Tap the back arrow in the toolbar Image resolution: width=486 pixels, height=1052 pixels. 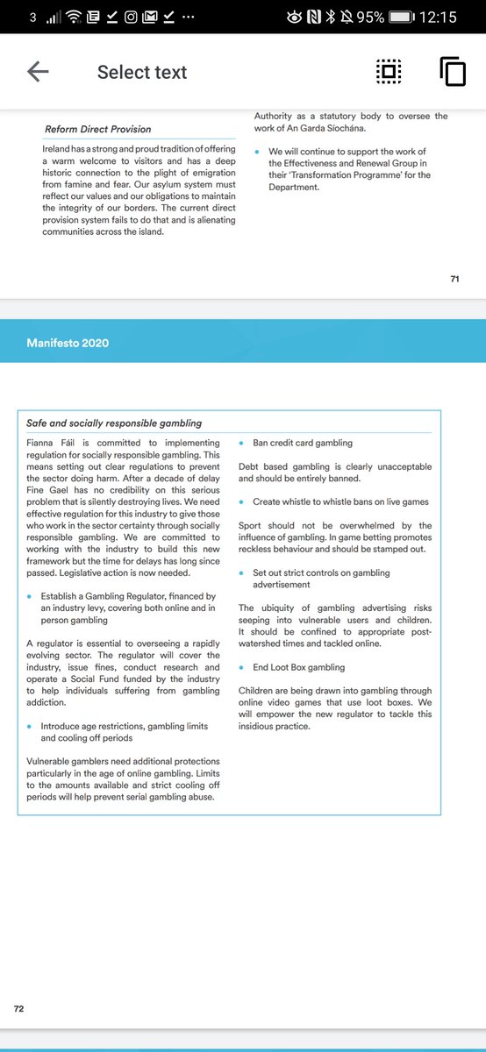coord(38,72)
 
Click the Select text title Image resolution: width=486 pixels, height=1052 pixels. coord(142,72)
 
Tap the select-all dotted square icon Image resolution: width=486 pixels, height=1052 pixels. coord(389,72)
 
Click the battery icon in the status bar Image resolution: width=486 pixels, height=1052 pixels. coord(401,17)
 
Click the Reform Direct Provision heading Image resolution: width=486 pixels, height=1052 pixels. coord(97,130)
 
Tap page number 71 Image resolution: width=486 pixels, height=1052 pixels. coord(454,279)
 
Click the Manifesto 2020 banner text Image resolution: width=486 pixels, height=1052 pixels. coord(68,343)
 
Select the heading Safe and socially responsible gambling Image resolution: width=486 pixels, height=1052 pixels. coord(114,423)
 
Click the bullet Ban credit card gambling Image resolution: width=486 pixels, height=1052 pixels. coord(303,443)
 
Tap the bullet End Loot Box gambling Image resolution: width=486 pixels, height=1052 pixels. coord(298,667)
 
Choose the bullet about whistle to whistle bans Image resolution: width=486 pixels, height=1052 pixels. coord(340,502)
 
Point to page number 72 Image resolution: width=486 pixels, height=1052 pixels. coord(18,1009)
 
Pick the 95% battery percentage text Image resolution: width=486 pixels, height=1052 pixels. coord(370,17)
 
